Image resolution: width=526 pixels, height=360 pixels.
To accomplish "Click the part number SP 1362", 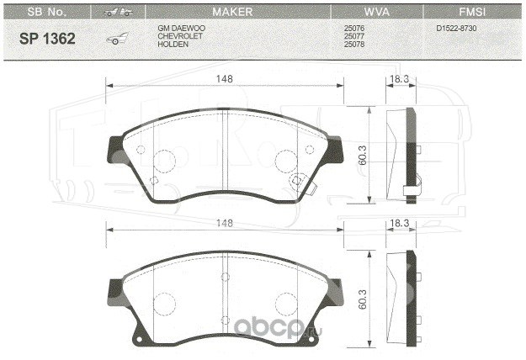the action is coord(47,39).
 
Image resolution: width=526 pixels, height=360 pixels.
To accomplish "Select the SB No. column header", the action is coord(46,12).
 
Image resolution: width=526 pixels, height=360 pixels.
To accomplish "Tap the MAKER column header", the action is coord(232,12).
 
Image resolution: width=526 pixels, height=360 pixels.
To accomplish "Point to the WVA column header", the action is coord(377,12).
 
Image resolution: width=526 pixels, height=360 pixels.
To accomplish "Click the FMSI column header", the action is coord(472,12).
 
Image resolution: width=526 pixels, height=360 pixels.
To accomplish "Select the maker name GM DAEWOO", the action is coord(182,28).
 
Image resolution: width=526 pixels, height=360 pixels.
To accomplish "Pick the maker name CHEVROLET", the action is coord(180,36).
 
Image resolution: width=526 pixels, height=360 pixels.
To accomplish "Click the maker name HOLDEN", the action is coord(173,45).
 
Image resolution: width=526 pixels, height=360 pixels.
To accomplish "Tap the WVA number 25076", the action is coord(354,28).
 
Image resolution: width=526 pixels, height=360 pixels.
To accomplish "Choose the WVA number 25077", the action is coord(354,36).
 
